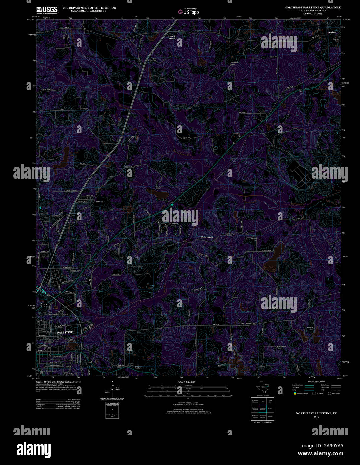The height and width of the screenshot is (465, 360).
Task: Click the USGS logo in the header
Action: [47, 10]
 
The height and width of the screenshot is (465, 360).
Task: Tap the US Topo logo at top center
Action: [188, 11]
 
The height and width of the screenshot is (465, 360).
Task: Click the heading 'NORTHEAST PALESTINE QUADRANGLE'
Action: [312, 7]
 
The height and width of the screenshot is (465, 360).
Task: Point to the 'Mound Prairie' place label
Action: [172, 37]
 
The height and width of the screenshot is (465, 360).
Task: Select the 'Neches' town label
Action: [332, 32]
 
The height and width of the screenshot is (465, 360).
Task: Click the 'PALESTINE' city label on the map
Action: [65, 332]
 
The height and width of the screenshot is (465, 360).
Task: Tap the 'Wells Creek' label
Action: [207, 237]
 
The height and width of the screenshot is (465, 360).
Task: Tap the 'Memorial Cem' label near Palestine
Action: [65, 315]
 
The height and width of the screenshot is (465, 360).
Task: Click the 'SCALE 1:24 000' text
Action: [187, 382]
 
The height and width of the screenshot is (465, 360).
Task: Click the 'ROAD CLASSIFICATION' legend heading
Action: [316, 382]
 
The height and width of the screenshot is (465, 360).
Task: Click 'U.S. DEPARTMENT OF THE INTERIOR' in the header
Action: [84, 8]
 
